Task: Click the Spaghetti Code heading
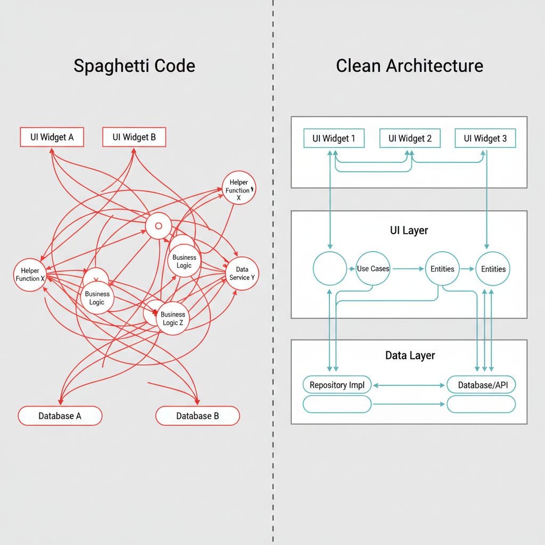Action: tap(134, 66)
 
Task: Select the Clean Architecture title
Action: tap(409, 66)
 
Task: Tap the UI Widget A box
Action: tap(52, 137)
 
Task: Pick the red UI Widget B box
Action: tap(134, 137)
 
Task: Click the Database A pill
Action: tap(60, 416)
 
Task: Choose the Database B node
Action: tap(197, 416)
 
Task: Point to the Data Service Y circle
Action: tap(242, 274)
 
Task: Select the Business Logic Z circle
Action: tap(173, 318)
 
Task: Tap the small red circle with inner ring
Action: tap(158, 226)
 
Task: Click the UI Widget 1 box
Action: tap(334, 138)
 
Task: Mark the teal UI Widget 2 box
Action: tap(410, 138)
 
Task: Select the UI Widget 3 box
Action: tap(485, 138)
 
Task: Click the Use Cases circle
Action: tap(373, 269)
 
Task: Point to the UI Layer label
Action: tap(409, 230)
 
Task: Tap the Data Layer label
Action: tap(410, 356)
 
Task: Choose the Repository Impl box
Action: tap(337, 385)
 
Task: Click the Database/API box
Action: tap(481, 385)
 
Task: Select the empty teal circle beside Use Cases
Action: tap(329, 269)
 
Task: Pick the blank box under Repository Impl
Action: tap(337, 404)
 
